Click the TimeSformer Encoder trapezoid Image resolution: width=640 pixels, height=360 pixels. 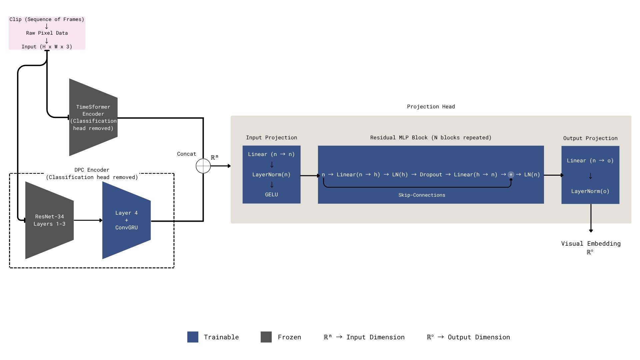[x=93, y=117]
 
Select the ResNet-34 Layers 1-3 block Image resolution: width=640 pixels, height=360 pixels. [x=49, y=220]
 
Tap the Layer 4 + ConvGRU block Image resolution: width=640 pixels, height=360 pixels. [x=126, y=220]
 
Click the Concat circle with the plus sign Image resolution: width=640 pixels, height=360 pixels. [x=203, y=166]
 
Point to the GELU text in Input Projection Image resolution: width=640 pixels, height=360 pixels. [x=271, y=195]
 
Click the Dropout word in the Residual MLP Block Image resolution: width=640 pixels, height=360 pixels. [x=431, y=175]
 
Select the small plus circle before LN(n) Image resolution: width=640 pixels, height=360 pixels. [x=511, y=175]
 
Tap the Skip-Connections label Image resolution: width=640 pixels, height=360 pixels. [x=422, y=195]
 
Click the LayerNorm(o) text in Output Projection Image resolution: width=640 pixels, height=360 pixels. [x=590, y=191]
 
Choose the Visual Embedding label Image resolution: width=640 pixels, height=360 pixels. [x=591, y=244]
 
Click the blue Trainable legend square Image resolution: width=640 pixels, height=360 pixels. [x=193, y=337]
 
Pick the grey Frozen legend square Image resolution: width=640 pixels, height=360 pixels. [x=266, y=337]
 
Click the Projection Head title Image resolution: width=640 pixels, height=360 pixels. [x=431, y=107]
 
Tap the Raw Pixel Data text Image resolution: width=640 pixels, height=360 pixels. [x=47, y=33]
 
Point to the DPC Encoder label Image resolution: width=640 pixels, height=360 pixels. [x=92, y=170]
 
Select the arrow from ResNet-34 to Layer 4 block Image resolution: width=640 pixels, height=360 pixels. [x=88, y=220]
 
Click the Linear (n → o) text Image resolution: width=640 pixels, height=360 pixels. [x=590, y=161]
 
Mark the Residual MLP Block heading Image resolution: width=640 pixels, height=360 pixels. [x=431, y=138]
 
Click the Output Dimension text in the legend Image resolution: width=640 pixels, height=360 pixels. [x=479, y=337]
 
